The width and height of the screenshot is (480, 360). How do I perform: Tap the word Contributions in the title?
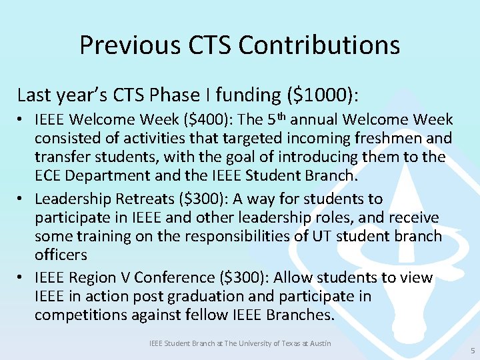[319, 45]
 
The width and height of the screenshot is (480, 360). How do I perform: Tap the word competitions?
[79, 315]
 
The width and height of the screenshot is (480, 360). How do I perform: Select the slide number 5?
[473, 350]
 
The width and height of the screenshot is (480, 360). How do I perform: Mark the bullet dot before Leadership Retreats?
[22, 199]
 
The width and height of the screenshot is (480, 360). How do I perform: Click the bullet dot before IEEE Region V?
[22, 278]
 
